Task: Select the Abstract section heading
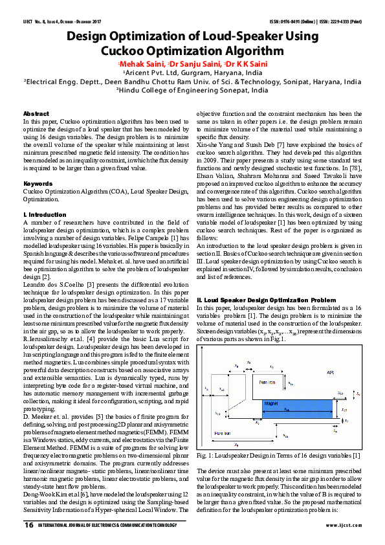pyautogui.click(x=36, y=114)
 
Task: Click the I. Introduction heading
pyautogui.click(x=45, y=214)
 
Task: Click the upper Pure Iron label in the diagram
pyautogui.click(x=267, y=383)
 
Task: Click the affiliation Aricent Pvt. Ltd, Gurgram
pyautogui.click(x=192, y=74)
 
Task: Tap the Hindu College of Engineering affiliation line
pyautogui.click(x=192, y=91)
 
